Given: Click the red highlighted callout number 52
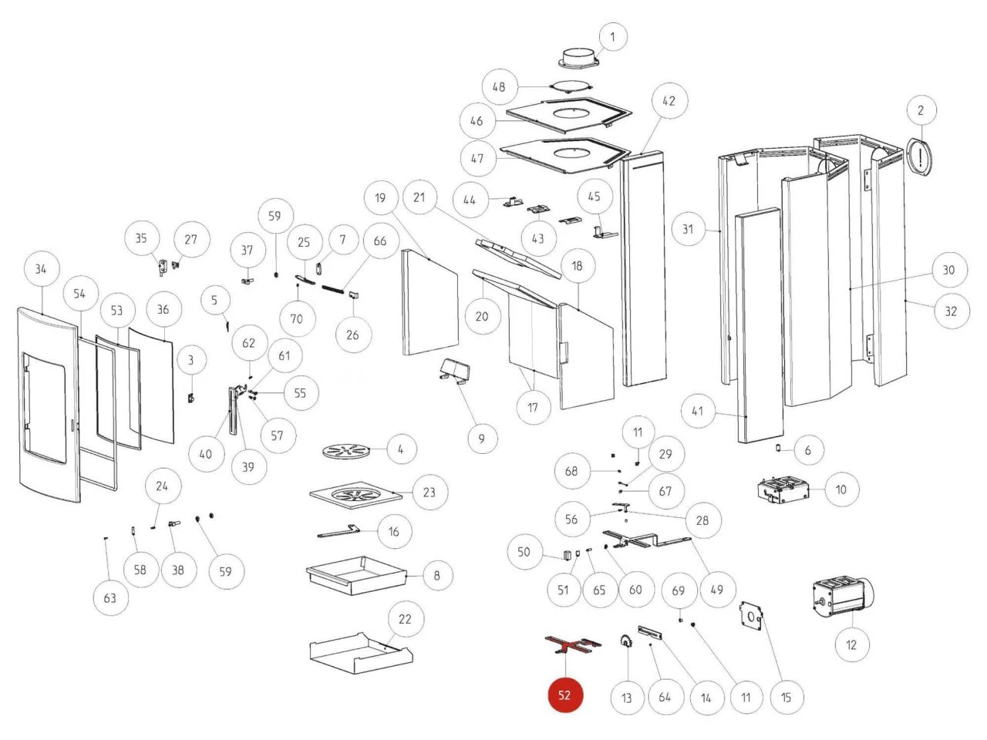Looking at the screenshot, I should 564,695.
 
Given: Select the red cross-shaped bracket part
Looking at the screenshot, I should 571,645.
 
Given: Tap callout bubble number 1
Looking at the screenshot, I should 612,36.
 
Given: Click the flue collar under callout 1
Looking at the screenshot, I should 579,58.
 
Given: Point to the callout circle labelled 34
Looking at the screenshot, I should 41,268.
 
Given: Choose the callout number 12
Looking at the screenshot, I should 851,644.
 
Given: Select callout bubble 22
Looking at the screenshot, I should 405,618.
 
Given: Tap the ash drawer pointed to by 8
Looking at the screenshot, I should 357,575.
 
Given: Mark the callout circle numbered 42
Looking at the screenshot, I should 669,101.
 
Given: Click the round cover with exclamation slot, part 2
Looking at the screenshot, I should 922,157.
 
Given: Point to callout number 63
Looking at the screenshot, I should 110,598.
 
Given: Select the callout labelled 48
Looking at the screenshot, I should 499,86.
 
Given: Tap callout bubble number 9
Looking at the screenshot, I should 482,439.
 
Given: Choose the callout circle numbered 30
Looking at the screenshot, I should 948,270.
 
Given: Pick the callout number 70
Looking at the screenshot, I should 297,318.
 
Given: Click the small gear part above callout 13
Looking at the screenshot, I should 625,640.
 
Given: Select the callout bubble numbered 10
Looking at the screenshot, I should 841,489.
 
